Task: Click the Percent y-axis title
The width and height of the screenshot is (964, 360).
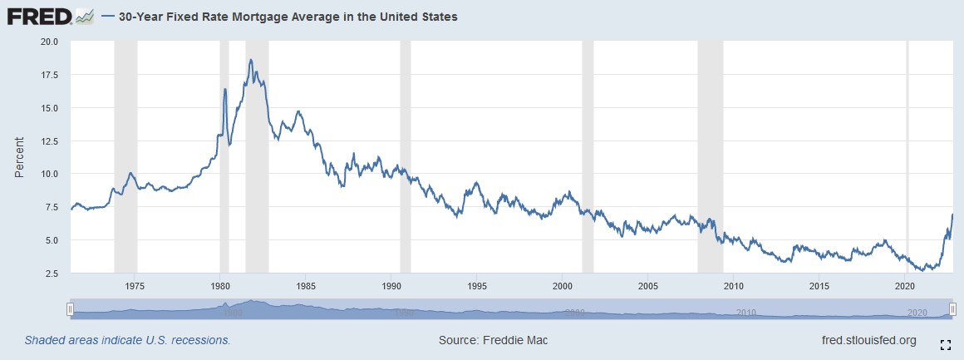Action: [19, 157]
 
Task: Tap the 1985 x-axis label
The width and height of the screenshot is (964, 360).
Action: [305, 286]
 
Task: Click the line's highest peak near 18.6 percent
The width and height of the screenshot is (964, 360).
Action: [250, 60]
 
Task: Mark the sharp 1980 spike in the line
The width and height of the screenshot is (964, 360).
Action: [224, 89]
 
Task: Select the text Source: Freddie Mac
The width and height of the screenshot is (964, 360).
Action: [493, 340]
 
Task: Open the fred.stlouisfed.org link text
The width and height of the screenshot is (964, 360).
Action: [868, 340]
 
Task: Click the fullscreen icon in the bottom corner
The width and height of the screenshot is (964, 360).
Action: [945, 343]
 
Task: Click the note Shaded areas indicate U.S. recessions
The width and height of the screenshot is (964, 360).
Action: [127, 340]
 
